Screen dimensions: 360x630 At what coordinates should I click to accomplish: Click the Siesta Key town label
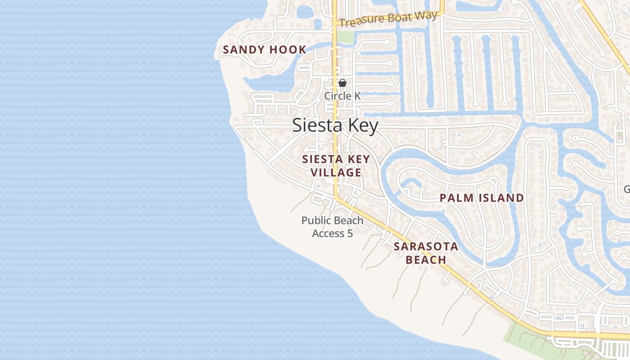click(x=335, y=126)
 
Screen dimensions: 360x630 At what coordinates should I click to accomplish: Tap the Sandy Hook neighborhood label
click(x=265, y=50)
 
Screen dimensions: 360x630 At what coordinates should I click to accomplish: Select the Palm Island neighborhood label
click(x=481, y=198)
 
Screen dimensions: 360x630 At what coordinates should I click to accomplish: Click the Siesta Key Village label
click(x=336, y=166)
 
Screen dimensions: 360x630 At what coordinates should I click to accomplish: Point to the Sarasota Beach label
click(x=426, y=253)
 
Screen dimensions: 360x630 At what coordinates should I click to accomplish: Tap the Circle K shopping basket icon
click(x=342, y=83)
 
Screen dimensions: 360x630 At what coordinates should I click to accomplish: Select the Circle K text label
click(x=342, y=96)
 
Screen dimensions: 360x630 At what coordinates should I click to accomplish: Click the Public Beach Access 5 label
click(x=333, y=227)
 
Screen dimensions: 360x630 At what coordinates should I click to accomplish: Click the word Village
click(x=336, y=172)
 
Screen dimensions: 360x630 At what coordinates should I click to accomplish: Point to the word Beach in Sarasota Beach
click(x=426, y=260)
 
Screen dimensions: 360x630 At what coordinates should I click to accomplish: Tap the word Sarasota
click(x=426, y=247)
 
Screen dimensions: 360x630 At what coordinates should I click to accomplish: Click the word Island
click(x=501, y=198)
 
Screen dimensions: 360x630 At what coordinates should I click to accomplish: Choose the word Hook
click(x=288, y=50)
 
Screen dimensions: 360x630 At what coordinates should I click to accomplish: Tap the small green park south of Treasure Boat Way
click(x=345, y=37)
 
